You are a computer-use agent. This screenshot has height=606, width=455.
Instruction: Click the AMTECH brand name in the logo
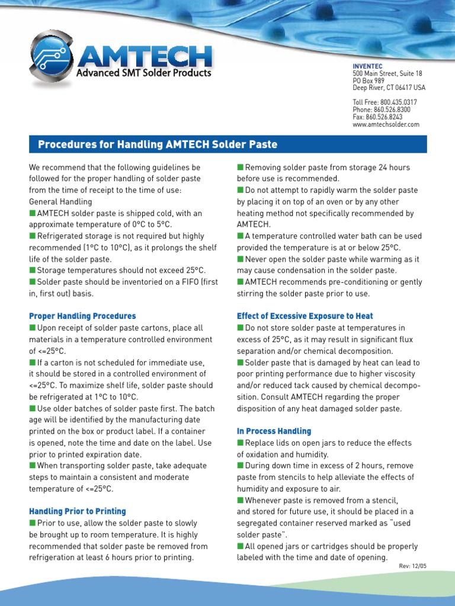pos(144,57)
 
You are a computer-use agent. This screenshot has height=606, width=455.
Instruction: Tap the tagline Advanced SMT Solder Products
pos(143,73)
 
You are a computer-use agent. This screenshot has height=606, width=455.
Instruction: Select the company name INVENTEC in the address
pos(367,66)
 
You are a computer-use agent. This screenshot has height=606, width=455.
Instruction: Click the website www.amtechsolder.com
pos(386,124)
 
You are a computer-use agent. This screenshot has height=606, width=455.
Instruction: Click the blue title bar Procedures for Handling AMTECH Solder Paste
pos(227,144)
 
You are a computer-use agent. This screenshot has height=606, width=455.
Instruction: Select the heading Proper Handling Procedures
pos(82,316)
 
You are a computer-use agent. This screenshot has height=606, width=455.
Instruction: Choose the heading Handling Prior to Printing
pos(78,511)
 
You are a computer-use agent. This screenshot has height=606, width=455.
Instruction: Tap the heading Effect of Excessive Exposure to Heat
pos(305,316)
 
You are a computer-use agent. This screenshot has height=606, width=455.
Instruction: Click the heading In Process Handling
pos(274,431)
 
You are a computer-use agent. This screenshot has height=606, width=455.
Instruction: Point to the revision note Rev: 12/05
pos(412,566)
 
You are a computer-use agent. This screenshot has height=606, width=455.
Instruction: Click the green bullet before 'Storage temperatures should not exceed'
pos(33,270)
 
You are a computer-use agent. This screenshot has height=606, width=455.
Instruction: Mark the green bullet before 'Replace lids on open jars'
pos(241,443)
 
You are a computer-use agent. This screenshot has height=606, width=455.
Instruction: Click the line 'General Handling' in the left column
pos(60,202)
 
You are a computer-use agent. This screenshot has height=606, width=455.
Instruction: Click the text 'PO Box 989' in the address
pos(369,80)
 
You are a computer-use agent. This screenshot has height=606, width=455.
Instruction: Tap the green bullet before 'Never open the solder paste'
pos(241,259)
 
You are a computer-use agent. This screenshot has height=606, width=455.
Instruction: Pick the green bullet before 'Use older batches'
pos(33,409)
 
